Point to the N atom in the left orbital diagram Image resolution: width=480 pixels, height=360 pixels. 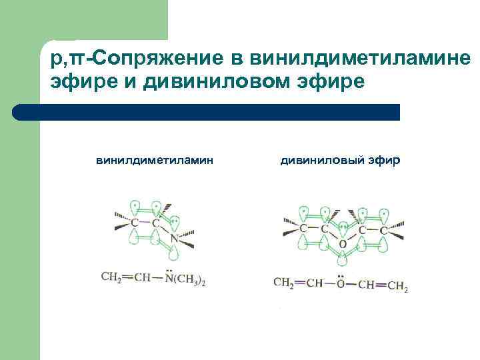174,238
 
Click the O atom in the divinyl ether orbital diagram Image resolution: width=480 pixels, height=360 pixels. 343,245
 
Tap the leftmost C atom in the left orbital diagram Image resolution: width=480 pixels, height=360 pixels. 135,222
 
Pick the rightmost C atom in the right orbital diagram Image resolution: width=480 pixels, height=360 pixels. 384,229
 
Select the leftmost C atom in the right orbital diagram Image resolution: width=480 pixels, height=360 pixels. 303,229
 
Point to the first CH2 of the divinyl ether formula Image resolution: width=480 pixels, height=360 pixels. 284,283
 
